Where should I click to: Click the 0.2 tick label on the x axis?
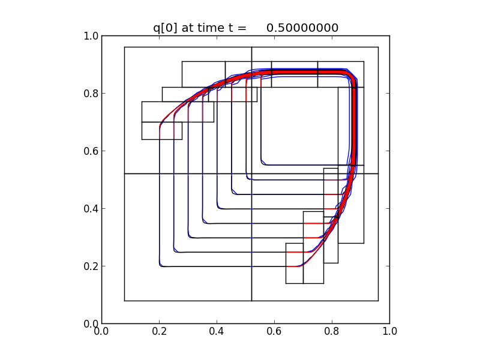[159, 331]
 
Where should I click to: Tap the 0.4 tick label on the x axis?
[217, 331]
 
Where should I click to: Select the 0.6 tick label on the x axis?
[274, 331]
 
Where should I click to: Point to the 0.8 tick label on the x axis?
[332, 331]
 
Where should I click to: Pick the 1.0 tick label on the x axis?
[389, 331]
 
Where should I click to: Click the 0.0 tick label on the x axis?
[101, 331]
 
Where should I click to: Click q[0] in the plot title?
[166, 28]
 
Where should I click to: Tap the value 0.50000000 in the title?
[302, 28]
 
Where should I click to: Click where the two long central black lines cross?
[251, 173]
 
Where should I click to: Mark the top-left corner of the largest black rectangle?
[124, 47]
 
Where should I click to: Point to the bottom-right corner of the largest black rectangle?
[378, 300]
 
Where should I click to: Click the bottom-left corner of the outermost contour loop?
[160, 265]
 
